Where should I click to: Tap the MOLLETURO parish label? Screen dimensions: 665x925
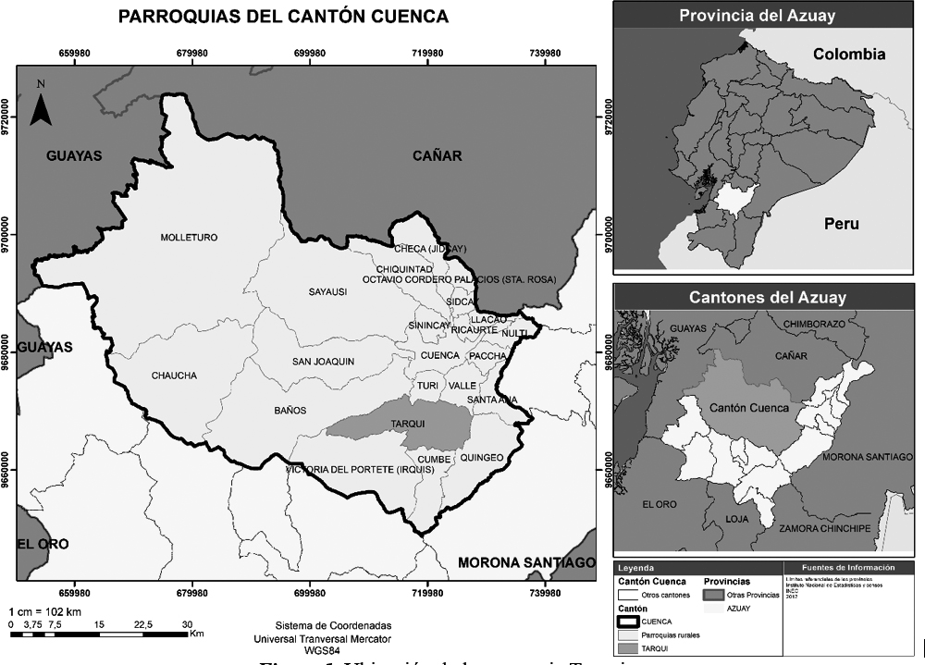(x=189, y=238)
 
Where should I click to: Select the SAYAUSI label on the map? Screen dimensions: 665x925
(x=327, y=292)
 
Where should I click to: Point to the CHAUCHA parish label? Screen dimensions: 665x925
(x=174, y=376)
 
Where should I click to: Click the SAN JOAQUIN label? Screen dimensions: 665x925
(x=323, y=362)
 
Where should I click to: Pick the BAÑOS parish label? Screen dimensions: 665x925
(x=290, y=410)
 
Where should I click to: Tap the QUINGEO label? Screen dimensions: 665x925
(x=482, y=457)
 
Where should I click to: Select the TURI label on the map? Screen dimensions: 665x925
(x=427, y=385)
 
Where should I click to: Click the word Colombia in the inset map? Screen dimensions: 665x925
(x=848, y=55)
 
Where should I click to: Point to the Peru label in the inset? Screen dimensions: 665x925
(x=842, y=224)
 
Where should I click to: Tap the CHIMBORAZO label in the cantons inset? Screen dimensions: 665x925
(x=815, y=325)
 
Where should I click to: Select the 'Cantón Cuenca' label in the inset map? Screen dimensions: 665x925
(x=749, y=408)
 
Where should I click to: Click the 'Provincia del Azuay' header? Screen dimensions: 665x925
(x=756, y=16)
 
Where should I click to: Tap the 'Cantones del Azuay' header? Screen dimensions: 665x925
(x=767, y=298)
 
